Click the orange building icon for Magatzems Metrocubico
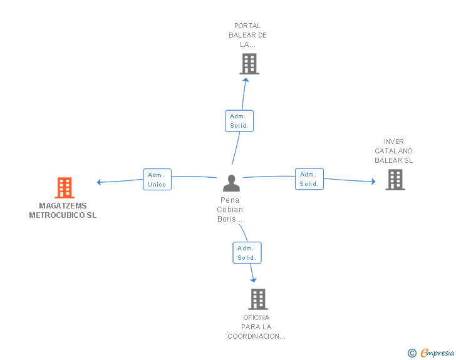click(x=65, y=188)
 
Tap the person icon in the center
click(x=231, y=183)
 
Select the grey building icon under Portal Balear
click(x=249, y=64)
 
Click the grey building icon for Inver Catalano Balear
click(x=395, y=180)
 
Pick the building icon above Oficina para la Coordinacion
click(x=258, y=299)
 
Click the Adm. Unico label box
click(x=157, y=180)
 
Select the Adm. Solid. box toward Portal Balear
click(x=239, y=121)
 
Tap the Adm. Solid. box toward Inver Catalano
click(x=309, y=179)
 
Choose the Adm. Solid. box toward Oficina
click(x=247, y=253)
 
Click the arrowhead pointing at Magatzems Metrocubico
click(x=99, y=182)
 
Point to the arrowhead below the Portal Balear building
click(x=246, y=80)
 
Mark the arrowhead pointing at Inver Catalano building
click(x=373, y=182)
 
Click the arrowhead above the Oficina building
click(x=254, y=280)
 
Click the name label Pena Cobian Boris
click(x=230, y=209)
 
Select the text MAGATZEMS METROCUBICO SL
click(x=63, y=210)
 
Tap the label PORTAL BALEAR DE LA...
click(x=247, y=35)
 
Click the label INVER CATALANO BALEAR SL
click(x=394, y=151)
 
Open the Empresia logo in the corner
click(x=437, y=352)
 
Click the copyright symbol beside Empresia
click(x=412, y=353)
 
